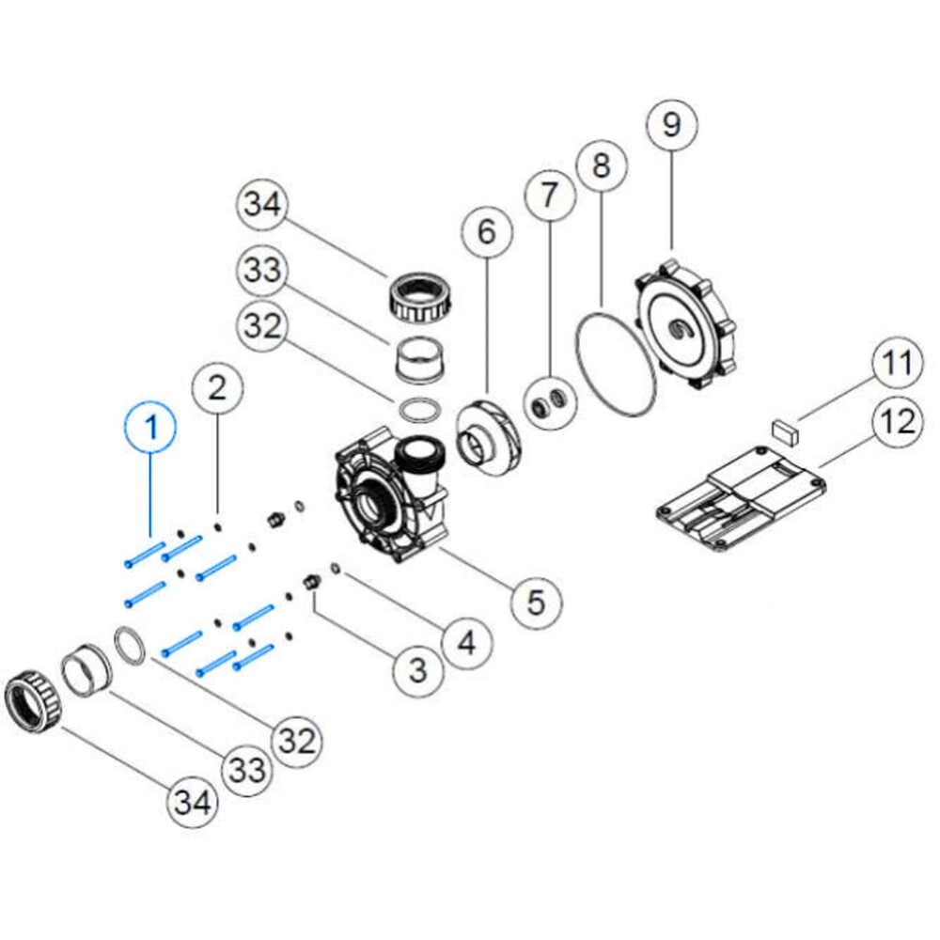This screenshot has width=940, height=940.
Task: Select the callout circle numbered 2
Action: [x=217, y=387]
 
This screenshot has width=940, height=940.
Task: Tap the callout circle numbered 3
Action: [x=417, y=669]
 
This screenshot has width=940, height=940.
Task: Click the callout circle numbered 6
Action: [x=486, y=231]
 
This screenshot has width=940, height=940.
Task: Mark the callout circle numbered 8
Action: [x=602, y=165]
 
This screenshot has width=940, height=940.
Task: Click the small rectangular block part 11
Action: [x=785, y=432]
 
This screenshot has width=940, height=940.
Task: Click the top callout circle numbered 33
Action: [x=262, y=272]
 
